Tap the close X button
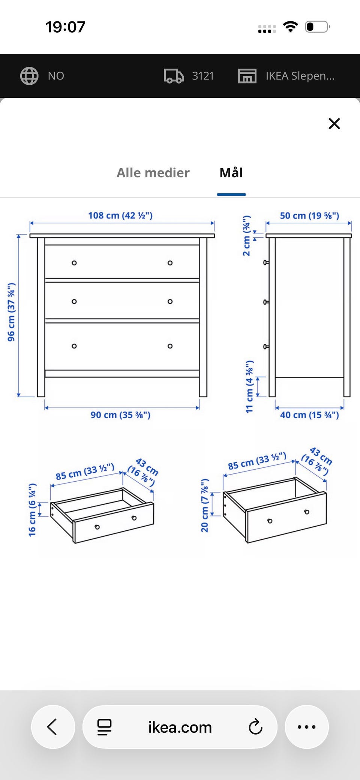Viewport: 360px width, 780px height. point(334,123)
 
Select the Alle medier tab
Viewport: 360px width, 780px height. point(153,173)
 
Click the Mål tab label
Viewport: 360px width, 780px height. point(231,172)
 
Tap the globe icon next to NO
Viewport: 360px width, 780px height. point(29,76)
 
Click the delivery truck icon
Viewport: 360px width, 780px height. point(174,76)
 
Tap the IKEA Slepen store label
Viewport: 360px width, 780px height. point(300,76)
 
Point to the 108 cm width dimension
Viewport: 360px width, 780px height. point(120,216)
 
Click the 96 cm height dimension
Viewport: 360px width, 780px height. point(11,312)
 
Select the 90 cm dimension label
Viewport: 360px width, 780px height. point(120,415)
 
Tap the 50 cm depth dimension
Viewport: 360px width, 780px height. point(309,216)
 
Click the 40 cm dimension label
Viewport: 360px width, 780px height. point(309,415)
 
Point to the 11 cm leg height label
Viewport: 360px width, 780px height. point(249,387)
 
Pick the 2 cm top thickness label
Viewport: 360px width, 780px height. point(246,236)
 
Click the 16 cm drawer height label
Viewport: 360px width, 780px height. point(32,510)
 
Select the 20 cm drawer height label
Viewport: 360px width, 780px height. point(204,506)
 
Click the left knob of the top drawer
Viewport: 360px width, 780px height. point(74,263)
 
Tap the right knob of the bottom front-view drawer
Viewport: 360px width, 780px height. point(170,346)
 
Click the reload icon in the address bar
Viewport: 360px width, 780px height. point(255,727)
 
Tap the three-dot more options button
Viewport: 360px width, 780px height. point(307,727)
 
